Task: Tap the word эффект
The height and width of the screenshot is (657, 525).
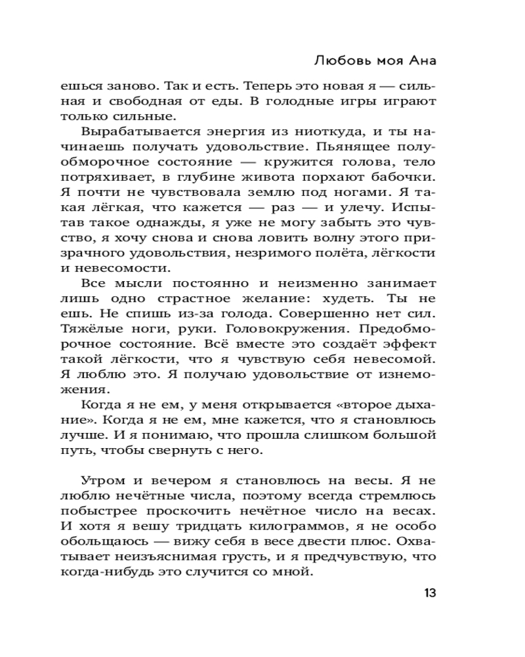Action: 409,344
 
